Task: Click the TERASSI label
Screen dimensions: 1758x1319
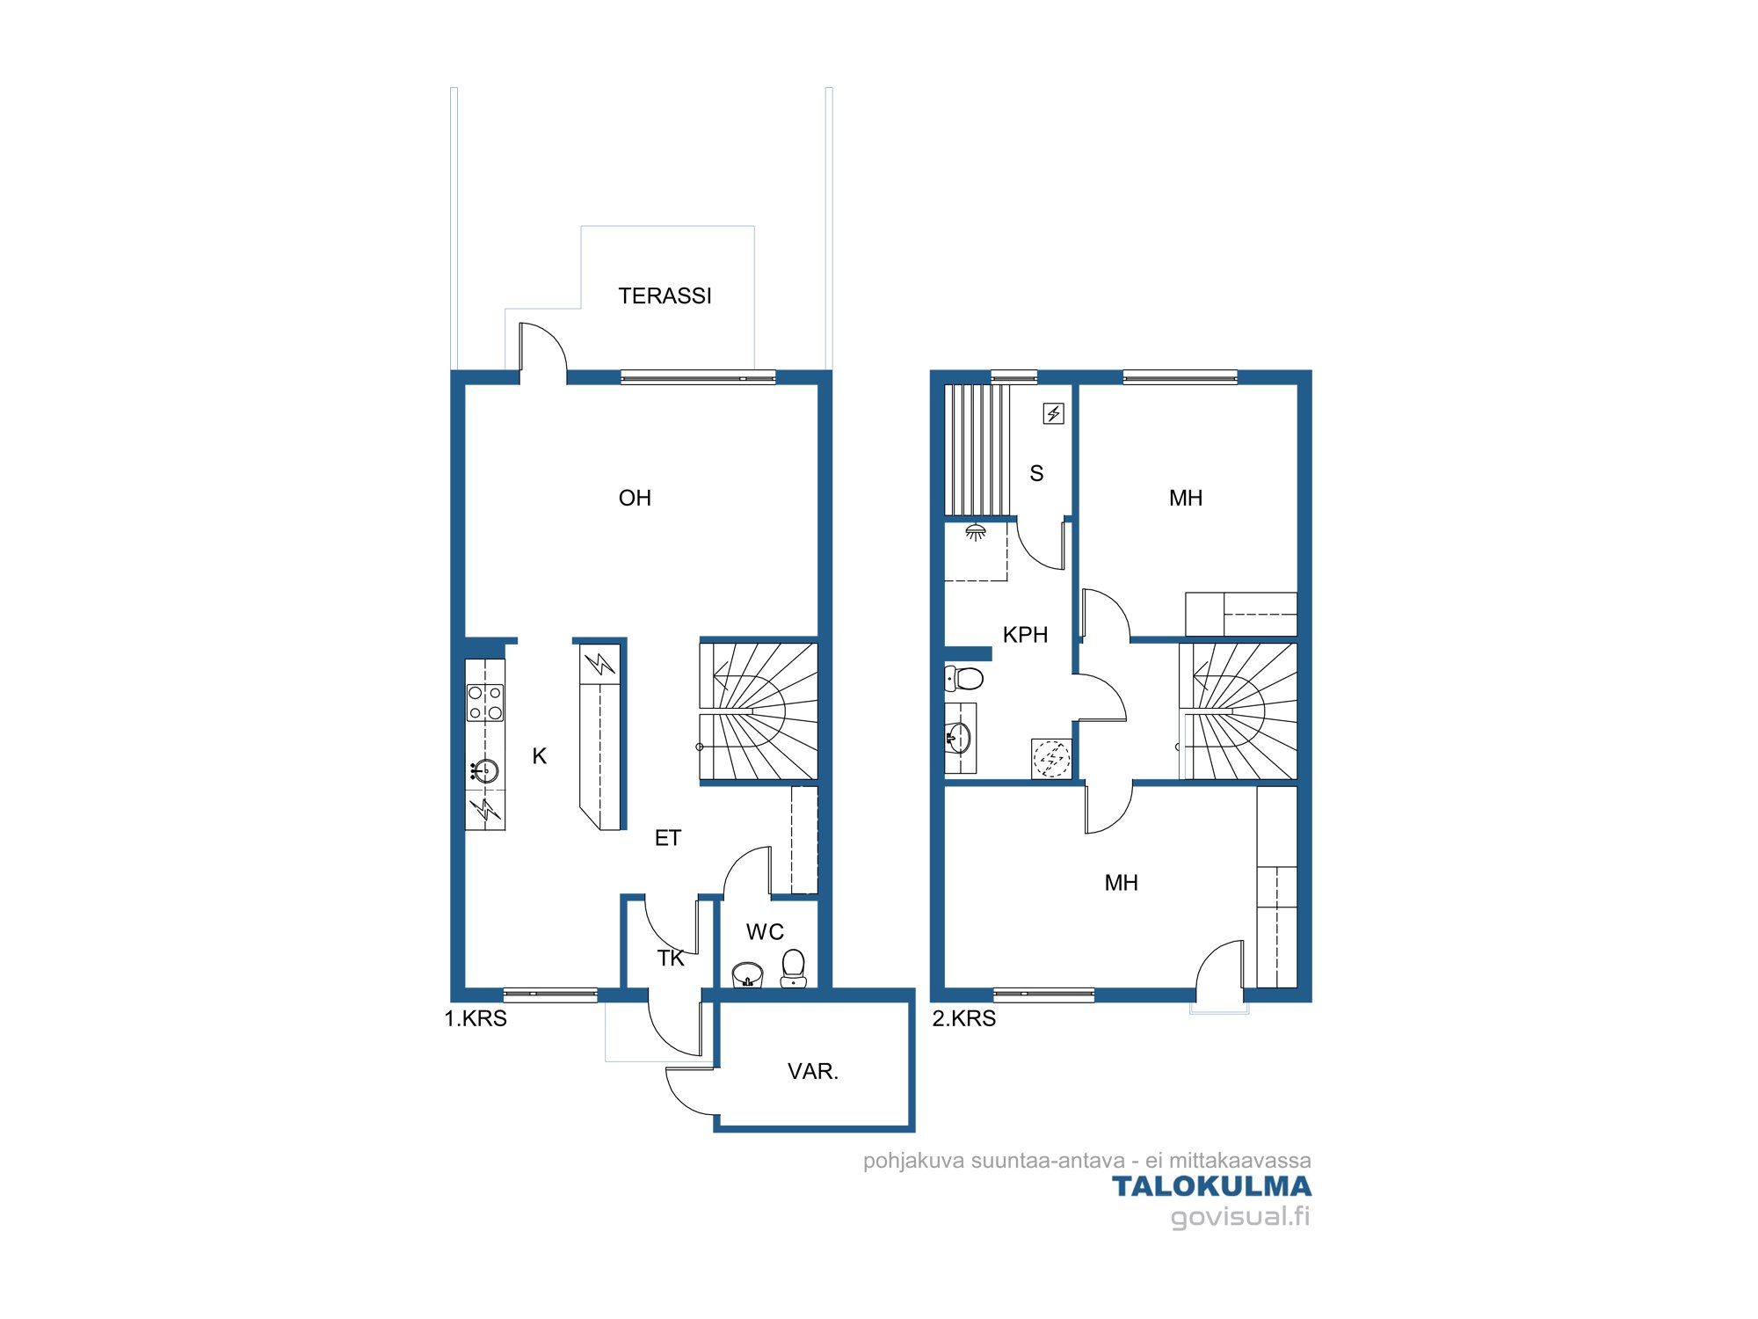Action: [x=665, y=296]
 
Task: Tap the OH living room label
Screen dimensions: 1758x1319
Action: [x=635, y=499]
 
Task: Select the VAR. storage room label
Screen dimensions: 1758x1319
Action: [x=813, y=1072]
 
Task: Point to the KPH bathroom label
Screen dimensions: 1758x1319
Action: [x=1025, y=635]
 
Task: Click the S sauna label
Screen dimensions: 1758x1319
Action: [x=1037, y=474]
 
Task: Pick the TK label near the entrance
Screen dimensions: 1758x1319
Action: [x=671, y=958]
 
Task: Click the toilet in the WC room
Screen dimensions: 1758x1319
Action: [x=794, y=968]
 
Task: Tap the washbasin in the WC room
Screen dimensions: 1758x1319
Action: [x=748, y=974]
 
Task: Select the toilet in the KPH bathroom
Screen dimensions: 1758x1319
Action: [x=963, y=678]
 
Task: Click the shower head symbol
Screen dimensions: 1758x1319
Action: [x=976, y=532]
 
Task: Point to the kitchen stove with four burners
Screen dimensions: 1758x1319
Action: [x=485, y=703]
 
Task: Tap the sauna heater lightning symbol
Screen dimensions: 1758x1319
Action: [x=1054, y=413]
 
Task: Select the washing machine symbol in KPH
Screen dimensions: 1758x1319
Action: [x=1051, y=759]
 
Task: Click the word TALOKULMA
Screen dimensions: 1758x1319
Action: [x=1212, y=1187]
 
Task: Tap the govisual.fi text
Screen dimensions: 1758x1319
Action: [x=1240, y=1217]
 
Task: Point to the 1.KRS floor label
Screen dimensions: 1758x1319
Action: [x=476, y=1019]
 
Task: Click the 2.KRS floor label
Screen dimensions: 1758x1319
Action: [x=964, y=1019]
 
